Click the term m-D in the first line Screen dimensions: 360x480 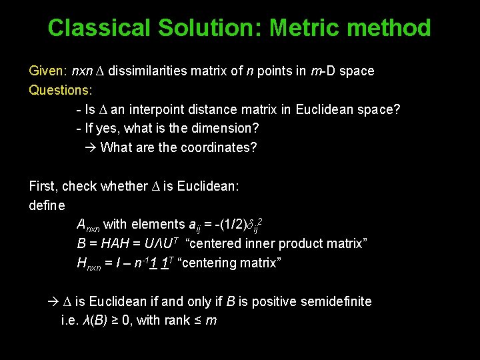[x=323, y=71]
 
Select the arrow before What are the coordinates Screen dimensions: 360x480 [x=91, y=147]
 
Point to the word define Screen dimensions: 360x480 [x=47, y=205]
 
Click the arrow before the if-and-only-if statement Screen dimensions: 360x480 [x=53, y=302]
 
